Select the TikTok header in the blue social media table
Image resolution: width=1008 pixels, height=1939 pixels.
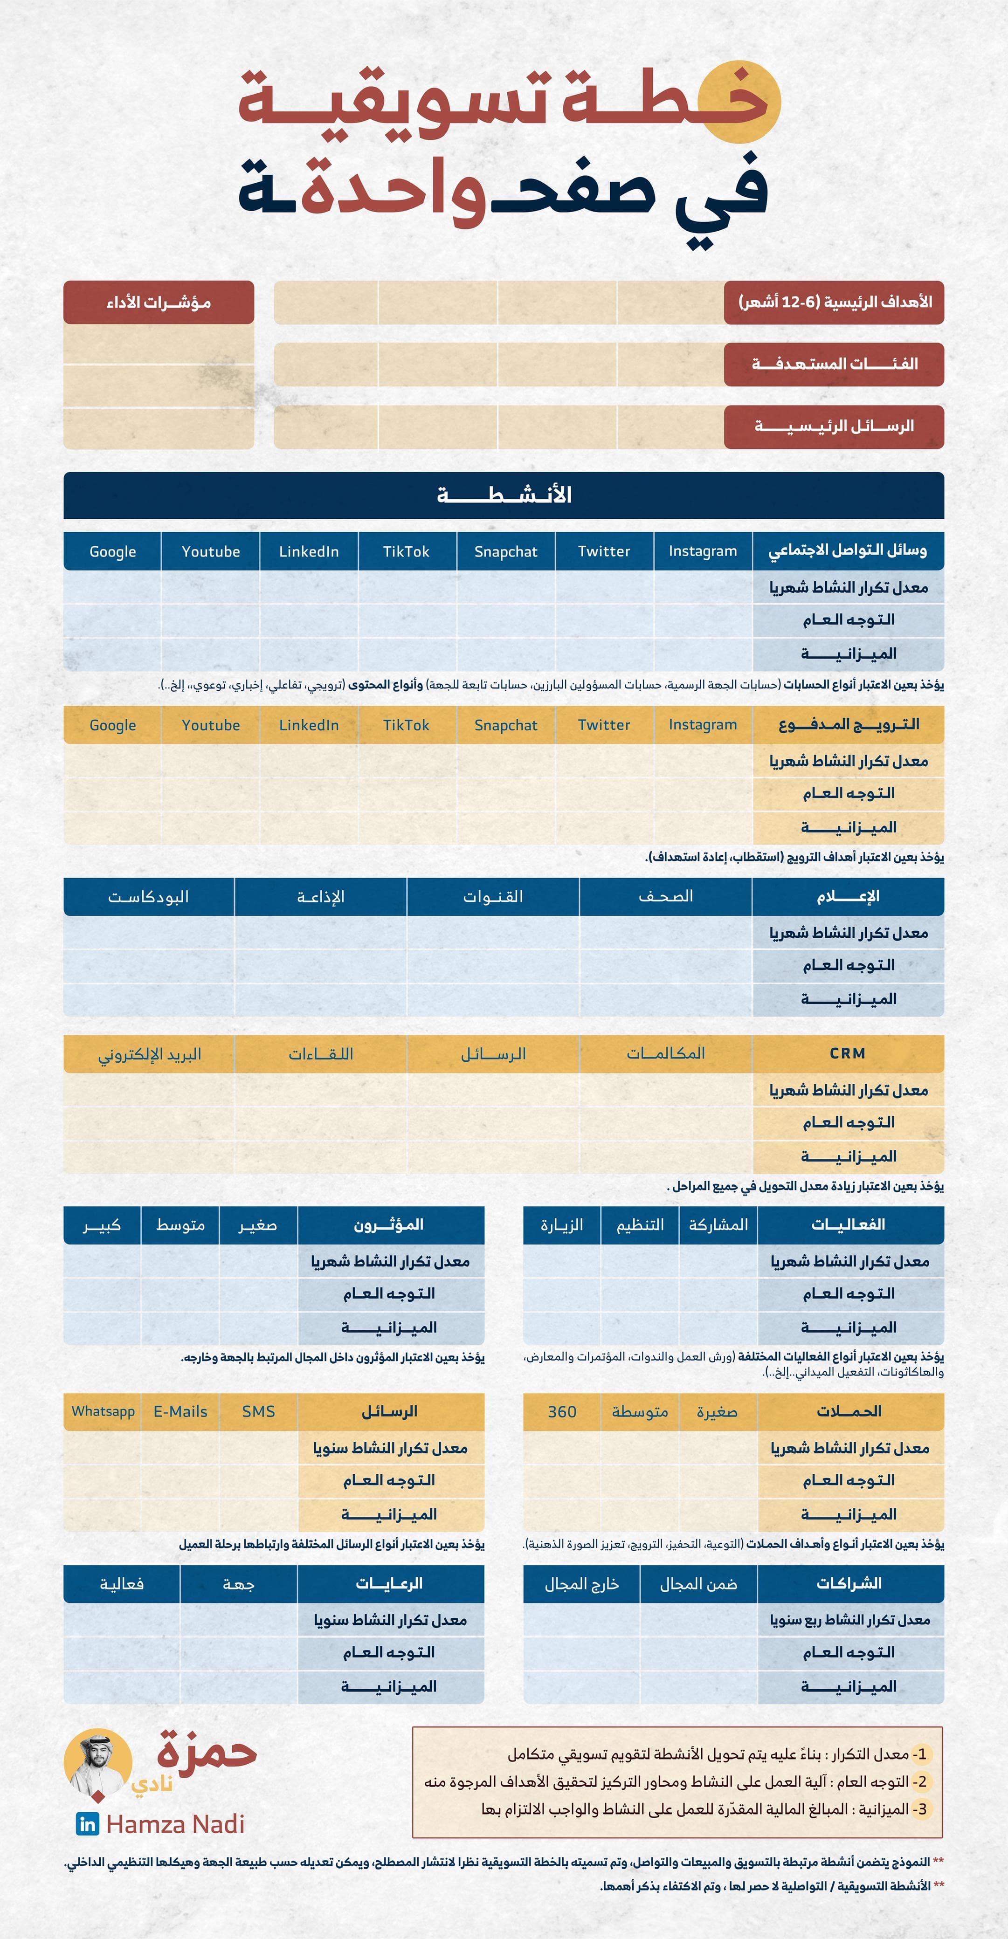click(x=407, y=551)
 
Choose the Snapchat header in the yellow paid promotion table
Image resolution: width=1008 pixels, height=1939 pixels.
click(x=506, y=725)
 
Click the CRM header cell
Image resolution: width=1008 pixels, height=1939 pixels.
click(x=848, y=1053)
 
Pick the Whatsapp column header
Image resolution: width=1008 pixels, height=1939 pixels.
click(x=103, y=1411)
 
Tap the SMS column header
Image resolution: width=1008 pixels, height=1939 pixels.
click(x=258, y=1411)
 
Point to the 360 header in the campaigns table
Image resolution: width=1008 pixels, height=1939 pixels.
click(x=562, y=1411)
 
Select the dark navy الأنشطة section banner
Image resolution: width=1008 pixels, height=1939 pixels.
click(x=504, y=495)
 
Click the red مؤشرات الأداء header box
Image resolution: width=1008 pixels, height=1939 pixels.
click(x=159, y=302)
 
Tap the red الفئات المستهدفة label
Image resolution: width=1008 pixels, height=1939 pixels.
click(x=834, y=364)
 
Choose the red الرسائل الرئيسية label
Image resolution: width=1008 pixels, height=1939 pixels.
click(x=834, y=426)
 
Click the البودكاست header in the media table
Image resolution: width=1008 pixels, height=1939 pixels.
click(x=148, y=896)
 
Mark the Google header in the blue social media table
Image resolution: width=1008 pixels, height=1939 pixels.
click(x=113, y=551)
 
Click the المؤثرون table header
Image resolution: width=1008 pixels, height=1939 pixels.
click(x=389, y=1224)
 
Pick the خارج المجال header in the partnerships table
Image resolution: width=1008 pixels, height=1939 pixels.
click(x=581, y=1584)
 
